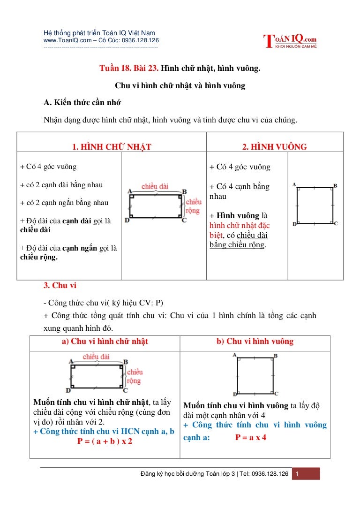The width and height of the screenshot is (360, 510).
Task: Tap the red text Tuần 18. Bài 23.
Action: click(129, 69)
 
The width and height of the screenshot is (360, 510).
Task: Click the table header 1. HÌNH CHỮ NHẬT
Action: click(112, 147)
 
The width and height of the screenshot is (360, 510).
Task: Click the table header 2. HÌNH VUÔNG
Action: click(274, 147)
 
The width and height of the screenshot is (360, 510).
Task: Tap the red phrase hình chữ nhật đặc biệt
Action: click(239, 230)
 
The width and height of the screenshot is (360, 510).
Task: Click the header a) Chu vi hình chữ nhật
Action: click(105, 341)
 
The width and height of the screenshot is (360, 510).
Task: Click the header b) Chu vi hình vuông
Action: click(255, 341)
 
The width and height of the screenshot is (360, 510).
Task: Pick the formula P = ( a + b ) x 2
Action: click(105, 441)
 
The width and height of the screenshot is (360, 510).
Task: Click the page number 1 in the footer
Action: click(296, 474)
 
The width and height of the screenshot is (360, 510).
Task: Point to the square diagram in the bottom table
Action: click(255, 375)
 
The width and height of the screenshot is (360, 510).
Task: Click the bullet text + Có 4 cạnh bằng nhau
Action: click(240, 191)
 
